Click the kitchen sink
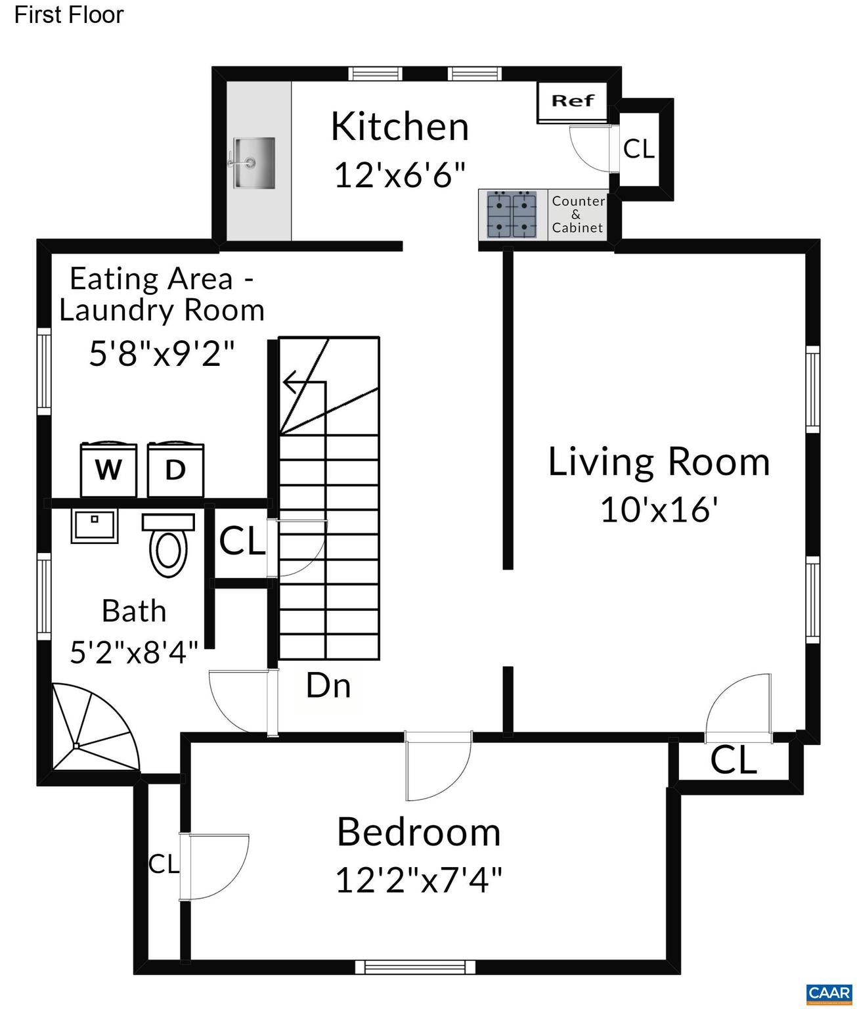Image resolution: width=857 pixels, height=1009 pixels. tap(253, 162)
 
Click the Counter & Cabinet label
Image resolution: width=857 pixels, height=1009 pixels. tap(577, 215)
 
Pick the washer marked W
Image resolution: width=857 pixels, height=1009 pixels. tap(108, 470)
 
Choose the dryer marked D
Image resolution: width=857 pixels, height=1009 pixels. tap(175, 470)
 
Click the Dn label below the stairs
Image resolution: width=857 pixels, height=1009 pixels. tap(328, 686)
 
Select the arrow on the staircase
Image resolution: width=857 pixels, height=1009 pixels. tap(302, 382)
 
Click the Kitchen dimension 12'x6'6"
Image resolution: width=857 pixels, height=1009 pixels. tap(400, 175)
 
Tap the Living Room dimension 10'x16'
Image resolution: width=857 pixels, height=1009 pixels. tap(659, 509)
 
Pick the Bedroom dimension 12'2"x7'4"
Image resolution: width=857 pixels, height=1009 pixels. tap(418, 880)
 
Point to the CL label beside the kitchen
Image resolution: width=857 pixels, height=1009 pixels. tap(639, 149)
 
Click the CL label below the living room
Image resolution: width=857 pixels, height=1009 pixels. tap(734, 761)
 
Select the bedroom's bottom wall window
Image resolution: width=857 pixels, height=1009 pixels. tap(415, 966)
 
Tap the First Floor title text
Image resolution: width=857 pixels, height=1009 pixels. tap(69, 15)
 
